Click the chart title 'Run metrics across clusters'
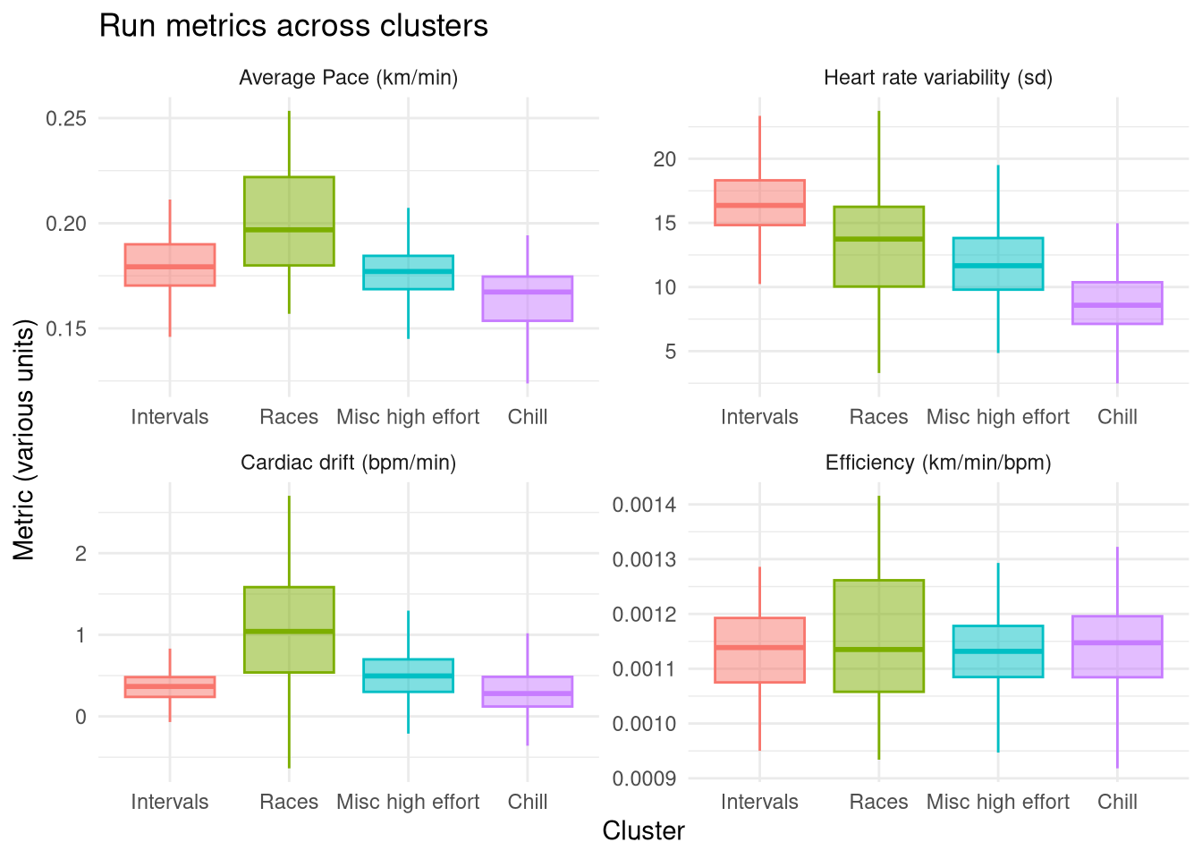[293, 26]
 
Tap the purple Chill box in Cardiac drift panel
[527, 692]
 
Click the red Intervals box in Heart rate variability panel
[759, 202]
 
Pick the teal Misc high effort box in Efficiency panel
[997, 651]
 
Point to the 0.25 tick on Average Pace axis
[66, 119]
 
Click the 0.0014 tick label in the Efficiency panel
[644, 506]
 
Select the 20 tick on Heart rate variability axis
[664, 159]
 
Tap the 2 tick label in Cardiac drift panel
[80, 554]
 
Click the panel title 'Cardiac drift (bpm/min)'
[348, 463]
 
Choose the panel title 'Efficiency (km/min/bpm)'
[938, 463]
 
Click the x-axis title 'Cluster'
[643, 830]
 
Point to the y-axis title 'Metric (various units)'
[24, 438]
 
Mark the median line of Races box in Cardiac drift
[289, 632]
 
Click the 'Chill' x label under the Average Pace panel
[527, 417]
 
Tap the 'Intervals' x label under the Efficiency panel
[759, 802]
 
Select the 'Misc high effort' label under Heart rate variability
[997, 417]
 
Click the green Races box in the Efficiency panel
[878, 635]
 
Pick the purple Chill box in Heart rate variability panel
[1117, 302]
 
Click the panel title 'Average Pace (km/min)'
[348, 78]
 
